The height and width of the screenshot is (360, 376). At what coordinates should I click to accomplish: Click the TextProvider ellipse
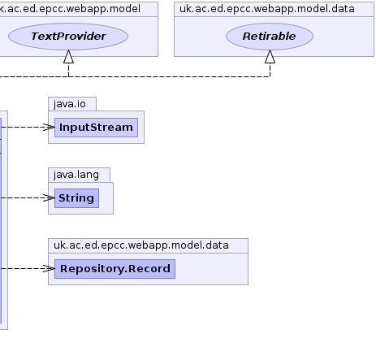point(68,37)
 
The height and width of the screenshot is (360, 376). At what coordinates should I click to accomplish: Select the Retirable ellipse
point(270,37)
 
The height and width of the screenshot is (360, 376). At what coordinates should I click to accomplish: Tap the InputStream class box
point(96,128)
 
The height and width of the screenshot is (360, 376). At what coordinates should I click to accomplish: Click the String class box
point(76,198)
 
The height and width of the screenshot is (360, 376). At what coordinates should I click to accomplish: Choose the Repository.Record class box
point(115,269)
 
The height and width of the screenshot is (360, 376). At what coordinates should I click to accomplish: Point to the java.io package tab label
point(70,104)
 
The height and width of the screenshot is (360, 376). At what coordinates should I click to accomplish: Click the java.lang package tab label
point(76,175)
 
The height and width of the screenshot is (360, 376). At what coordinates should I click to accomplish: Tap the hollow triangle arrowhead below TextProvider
point(68,57)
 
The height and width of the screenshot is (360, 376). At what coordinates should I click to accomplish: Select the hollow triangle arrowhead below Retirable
point(270,57)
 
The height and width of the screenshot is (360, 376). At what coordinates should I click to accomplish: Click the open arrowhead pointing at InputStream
point(49,128)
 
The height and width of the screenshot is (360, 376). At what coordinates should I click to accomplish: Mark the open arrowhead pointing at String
point(49,198)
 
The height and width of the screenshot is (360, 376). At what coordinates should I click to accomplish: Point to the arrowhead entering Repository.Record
point(49,269)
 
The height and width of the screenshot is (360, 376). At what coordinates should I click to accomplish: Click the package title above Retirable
point(267,9)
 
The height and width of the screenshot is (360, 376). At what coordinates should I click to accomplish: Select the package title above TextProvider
point(70,9)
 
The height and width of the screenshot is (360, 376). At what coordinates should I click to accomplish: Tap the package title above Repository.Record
point(141,245)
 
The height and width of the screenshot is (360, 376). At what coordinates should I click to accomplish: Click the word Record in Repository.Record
point(149,269)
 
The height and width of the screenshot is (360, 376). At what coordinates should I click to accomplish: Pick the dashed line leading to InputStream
point(28,128)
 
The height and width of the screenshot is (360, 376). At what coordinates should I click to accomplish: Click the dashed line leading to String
point(28,198)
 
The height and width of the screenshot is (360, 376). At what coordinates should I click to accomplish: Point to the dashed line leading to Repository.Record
point(28,269)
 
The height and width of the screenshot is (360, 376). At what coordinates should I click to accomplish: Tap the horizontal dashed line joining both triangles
point(169,77)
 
